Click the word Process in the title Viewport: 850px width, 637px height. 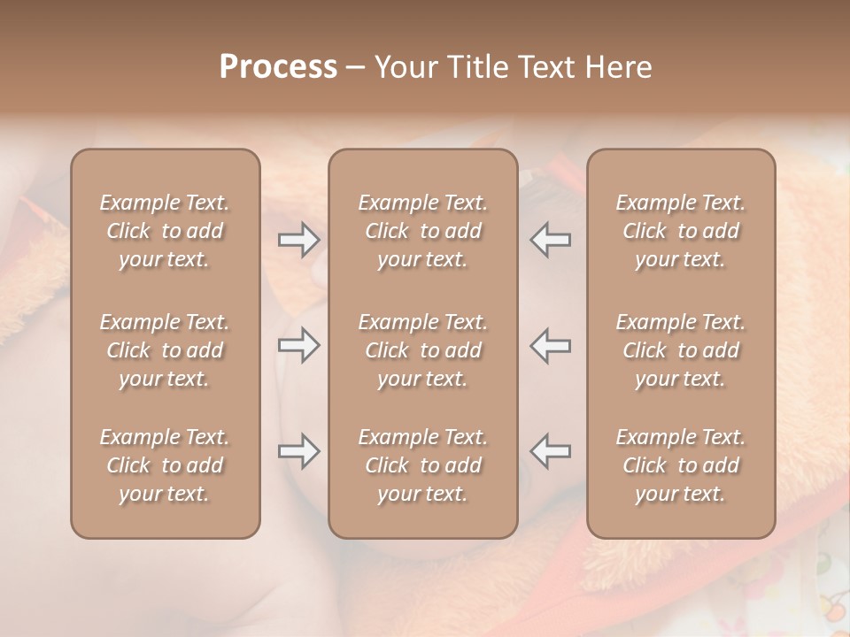(x=278, y=67)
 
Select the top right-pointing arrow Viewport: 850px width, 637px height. (x=299, y=239)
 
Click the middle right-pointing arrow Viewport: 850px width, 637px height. (x=299, y=345)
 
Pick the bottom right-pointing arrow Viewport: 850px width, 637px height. (x=299, y=451)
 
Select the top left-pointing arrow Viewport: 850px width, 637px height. (x=550, y=239)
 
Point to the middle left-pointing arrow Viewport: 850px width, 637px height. (x=550, y=345)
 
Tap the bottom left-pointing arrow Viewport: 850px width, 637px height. (x=550, y=451)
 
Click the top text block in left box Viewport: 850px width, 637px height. (x=165, y=231)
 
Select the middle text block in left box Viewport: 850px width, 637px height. (x=165, y=350)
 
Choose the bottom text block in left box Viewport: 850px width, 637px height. (x=165, y=465)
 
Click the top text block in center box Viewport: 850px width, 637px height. (x=422, y=231)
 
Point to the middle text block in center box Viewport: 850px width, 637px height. (x=422, y=350)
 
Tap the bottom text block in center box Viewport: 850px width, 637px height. (x=422, y=465)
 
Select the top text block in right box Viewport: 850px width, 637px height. (x=680, y=231)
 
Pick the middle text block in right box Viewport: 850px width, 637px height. (x=680, y=350)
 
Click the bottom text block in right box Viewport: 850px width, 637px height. (x=680, y=465)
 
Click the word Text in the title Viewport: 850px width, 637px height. (x=547, y=67)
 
